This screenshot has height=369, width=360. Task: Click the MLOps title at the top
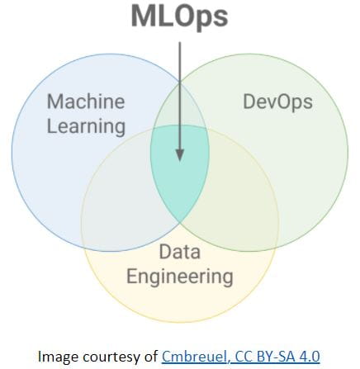179,17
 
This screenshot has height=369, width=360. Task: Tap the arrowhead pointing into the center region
180,155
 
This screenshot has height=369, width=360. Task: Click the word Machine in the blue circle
86,102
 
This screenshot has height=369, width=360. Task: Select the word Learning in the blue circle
86,127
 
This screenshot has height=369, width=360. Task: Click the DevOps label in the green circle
277,102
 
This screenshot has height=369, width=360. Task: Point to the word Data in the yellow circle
179,252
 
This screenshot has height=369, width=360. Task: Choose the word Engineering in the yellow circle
180,277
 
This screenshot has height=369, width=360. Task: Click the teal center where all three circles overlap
179,176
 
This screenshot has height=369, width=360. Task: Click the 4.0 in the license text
309,357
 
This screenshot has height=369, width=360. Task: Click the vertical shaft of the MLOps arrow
180,96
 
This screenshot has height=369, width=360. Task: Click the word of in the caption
149,357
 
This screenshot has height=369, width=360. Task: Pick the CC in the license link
244,357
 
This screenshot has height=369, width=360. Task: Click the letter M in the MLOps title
143,16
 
